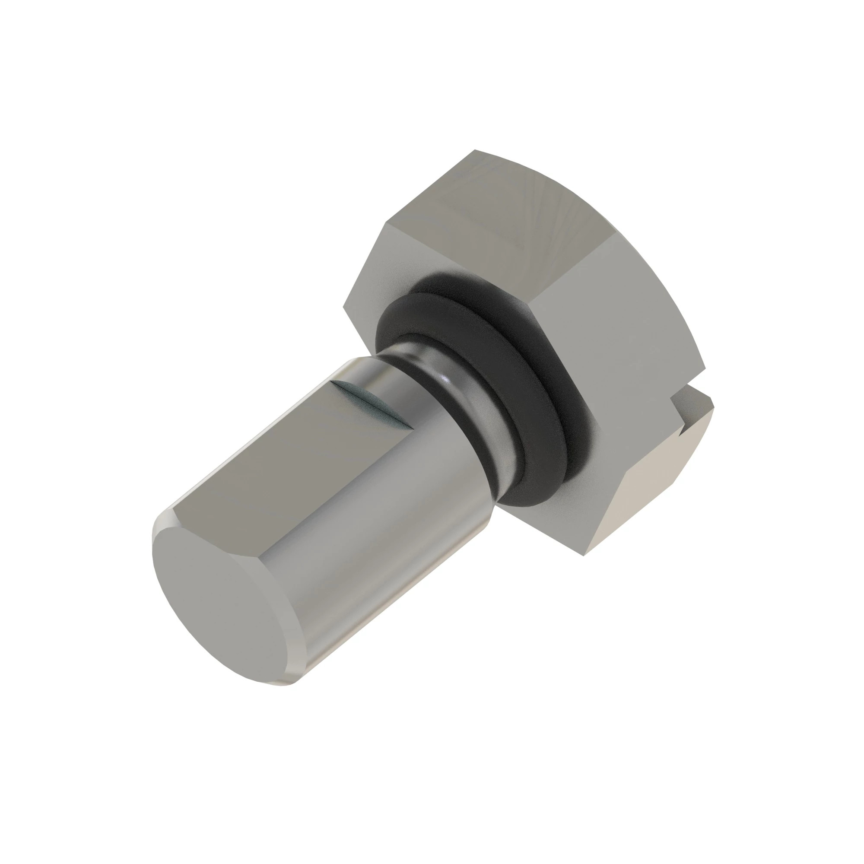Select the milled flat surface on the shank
[286, 461]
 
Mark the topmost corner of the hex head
[475, 150]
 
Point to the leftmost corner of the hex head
[343, 307]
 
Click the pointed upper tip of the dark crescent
[333, 382]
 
